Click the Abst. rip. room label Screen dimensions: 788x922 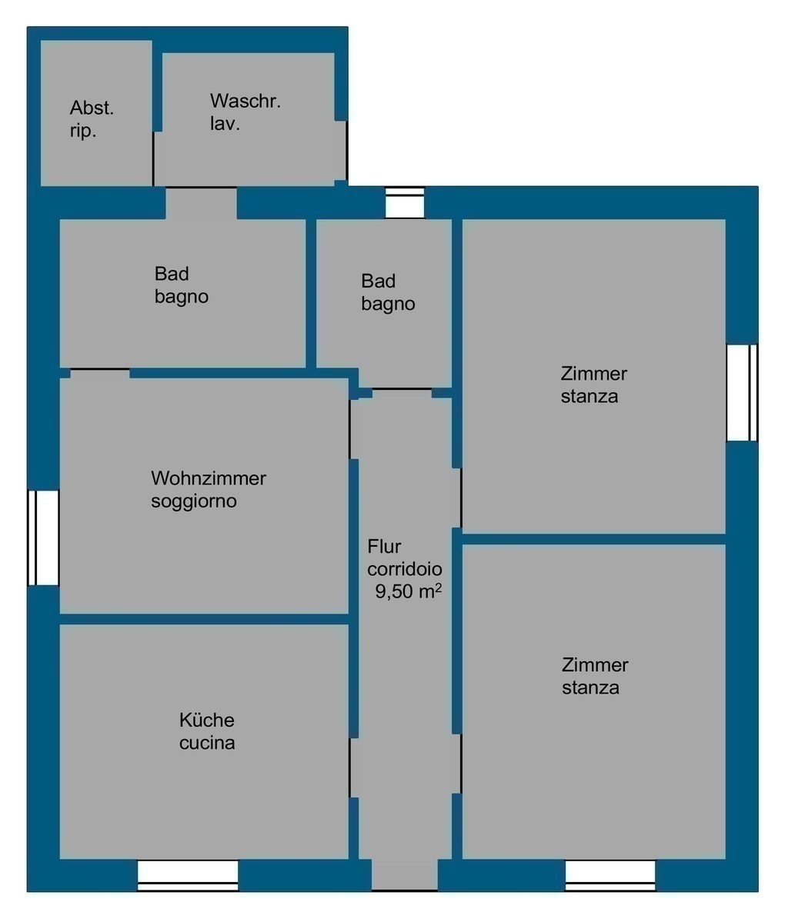92,118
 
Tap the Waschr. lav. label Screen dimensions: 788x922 245,112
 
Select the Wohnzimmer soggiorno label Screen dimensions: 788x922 209,489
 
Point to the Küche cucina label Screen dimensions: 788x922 206,731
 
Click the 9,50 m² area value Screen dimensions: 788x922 409,591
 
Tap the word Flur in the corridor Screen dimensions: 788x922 384,546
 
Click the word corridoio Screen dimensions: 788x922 405,568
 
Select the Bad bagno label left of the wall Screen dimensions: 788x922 182,285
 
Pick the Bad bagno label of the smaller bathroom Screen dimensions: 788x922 388,292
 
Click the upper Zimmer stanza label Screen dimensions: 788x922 593,384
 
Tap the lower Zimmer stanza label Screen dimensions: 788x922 594,676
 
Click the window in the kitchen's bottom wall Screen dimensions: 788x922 188,876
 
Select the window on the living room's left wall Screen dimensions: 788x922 43,538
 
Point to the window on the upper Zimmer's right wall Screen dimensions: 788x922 742,392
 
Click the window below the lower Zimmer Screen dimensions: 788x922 610,876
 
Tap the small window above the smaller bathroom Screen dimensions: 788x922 404,203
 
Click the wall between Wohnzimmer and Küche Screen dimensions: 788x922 204,619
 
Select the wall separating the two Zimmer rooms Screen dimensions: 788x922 593,539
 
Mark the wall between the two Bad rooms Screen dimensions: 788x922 311,294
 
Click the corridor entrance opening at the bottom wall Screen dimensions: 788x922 404,875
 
